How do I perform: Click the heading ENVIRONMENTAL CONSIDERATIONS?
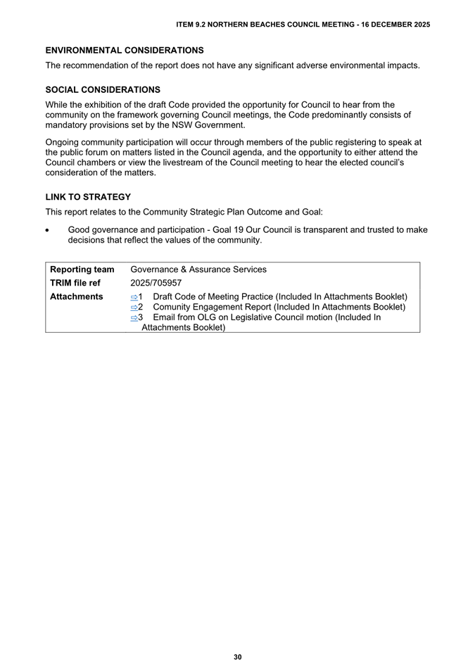[125, 51]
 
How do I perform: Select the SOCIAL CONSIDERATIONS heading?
[103, 90]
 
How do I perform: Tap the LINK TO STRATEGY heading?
[88, 197]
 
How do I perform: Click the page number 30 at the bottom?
[238, 657]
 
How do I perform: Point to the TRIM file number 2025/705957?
[156, 283]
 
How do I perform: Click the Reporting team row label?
[82, 270]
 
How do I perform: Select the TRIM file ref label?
[75, 283]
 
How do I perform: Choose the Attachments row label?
[77, 297]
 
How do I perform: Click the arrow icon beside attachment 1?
[134, 298]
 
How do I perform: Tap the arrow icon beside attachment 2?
[134, 308]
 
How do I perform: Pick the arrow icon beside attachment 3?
[134, 318]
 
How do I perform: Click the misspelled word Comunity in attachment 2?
[174, 308]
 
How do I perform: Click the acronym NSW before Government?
[179, 125]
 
